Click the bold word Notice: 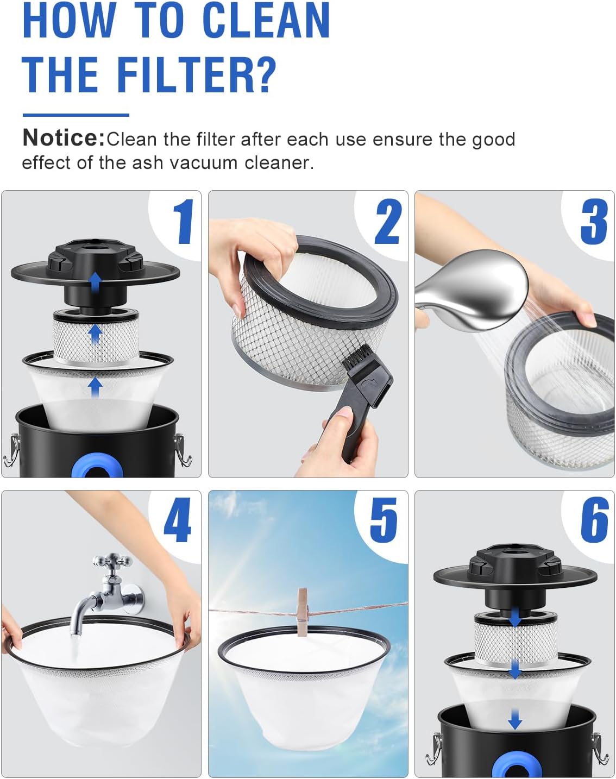click(x=63, y=138)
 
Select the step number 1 click(x=184, y=222)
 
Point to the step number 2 click(x=388, y=222)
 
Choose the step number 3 click(x=594, y=222)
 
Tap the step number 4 click(x=178, y=520)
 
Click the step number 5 click(x=384, y=520)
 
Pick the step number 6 click(x=594, y=520)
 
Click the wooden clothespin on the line click(x=303, y=612)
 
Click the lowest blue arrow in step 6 click(x=514, y=720)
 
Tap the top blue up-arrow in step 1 click(x=96, y=282)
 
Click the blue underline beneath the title click(x=76, y=115)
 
